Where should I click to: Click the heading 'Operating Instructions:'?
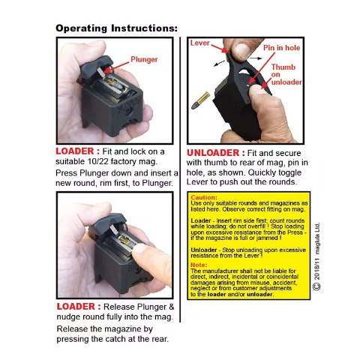point(116,28)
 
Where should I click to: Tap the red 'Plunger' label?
point(144,59)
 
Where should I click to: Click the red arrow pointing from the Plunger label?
point(117,67)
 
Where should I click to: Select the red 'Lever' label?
point(199,43)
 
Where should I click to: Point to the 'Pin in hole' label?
point(281,47)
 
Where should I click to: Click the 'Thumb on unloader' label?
point(286,74)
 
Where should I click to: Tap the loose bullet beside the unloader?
point(201,100)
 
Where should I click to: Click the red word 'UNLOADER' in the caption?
point(213,153)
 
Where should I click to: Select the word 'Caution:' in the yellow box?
point(204,197)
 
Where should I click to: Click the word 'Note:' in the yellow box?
point(199,265)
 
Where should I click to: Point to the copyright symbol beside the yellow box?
point(316,286)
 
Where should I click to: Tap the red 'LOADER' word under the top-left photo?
point(74,151)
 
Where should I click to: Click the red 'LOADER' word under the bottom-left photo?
point(76,307)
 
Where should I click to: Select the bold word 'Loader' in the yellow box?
point(201,220)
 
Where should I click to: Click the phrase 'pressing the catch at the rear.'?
point(112,339)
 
